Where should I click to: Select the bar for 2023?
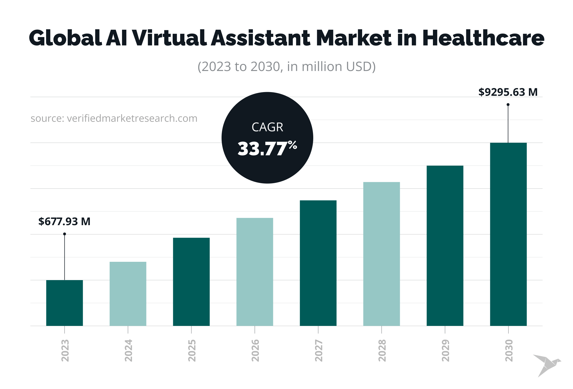pyautogui.click(x=64, y=303)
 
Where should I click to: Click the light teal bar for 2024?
pyautogui.click(x=128, y=294)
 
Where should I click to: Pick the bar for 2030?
pyautogui.click(x=508, y=234)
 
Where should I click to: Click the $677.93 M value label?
pyautogui.click(x=64, y=222)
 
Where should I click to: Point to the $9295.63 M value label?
pyautogui.click(x=508, y=92)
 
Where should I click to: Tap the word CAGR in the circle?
pyautogui.click(x=267, y=127)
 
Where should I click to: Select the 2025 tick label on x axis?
pyautogui.click(x=192, y=350)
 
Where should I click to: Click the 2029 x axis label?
pyautogui.click(x=445, y=350)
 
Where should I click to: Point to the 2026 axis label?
pyautogui.click(x=255, y=350)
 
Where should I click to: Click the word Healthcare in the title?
pyautogui.click(x=483, y=38)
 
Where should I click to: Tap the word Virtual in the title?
pyautogui.click(x=169, y=38)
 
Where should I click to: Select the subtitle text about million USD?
pyautogui.click(x=286, y=67)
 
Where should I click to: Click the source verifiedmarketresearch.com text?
pyautogui.click(x=114, y=119)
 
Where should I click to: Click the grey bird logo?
pyautogui.click(x=547, y=365)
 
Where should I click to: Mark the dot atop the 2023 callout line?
pyautogui.click(x=64, y=234)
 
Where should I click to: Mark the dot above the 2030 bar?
pyautogui.click(x=508, y=105)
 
